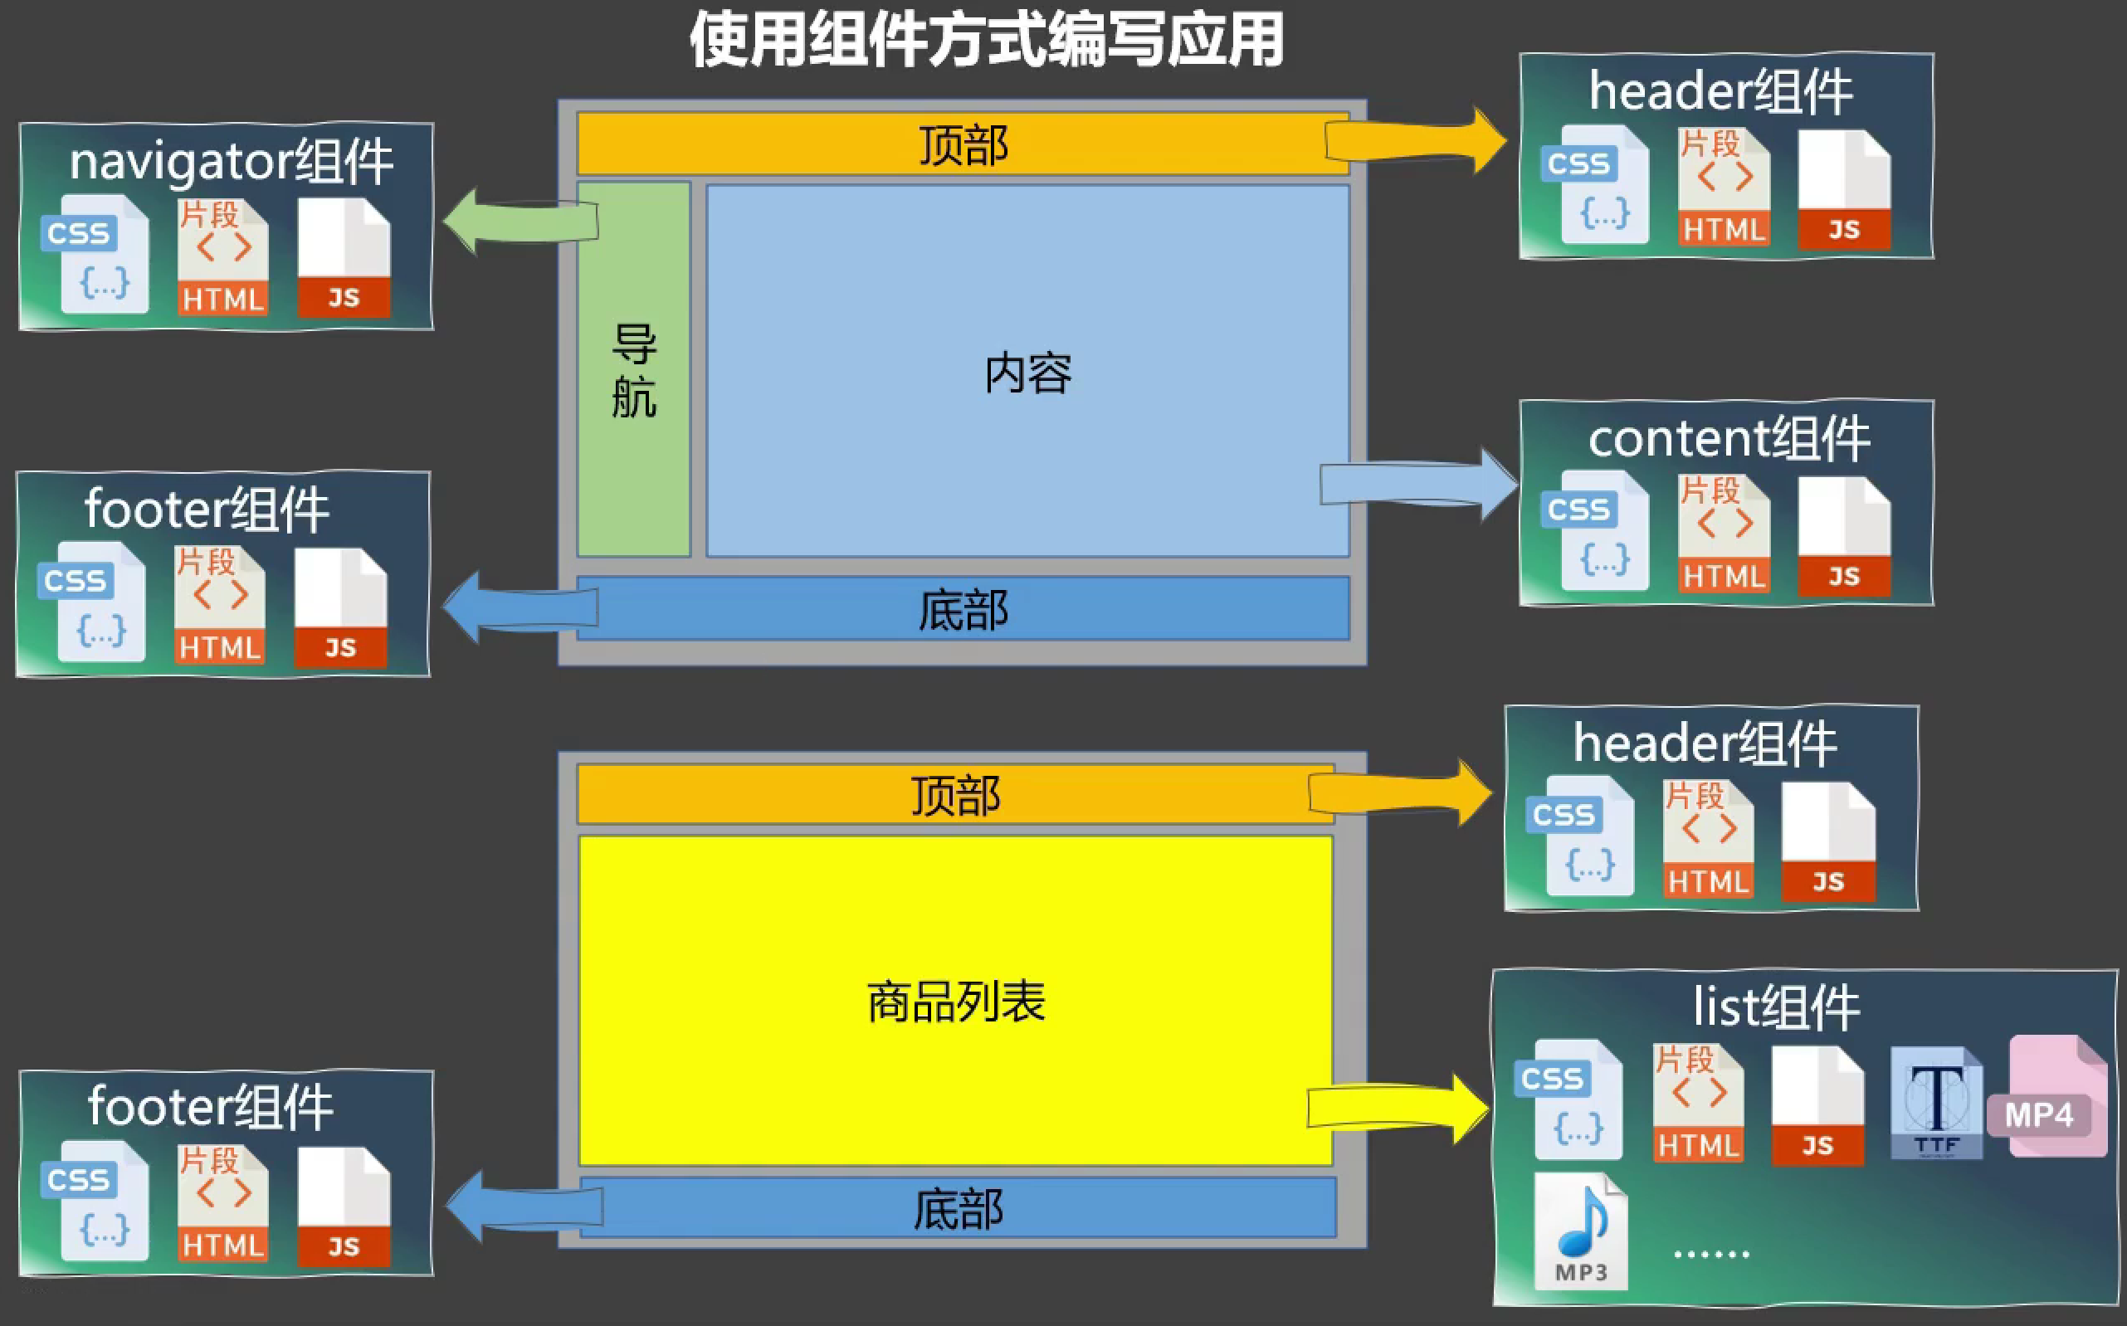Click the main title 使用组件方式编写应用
click(x=987, y=41)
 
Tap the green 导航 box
click(x=633, y=369)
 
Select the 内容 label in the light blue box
click(x=1028, y=373)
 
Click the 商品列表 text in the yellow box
click(x=956, y=1002)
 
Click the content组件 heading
click(x=1729, y=438)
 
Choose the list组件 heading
click(x=1776, y=1007)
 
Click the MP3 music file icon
click(x=1582, y=1232)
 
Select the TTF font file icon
click(x=1937, y=1104)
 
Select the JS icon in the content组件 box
click(x=1844, y=538)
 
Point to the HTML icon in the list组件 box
click(x=1698, y=1104)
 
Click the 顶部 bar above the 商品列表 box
click(x=955, y=795)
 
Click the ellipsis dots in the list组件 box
click(x=1711, y=1255)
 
